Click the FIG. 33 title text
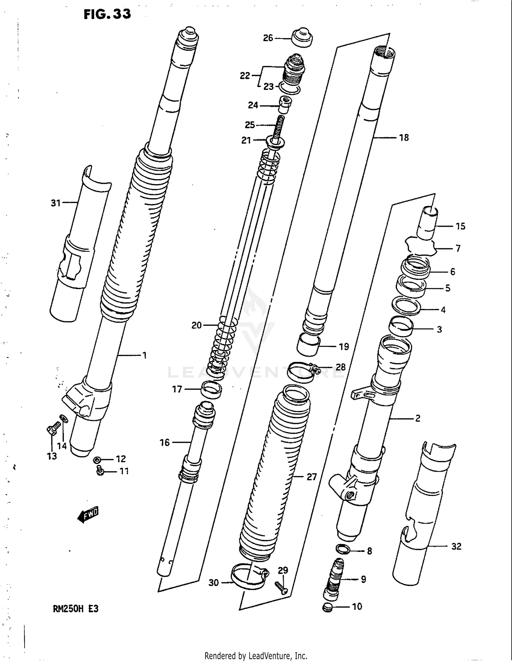click(x=107, y=14)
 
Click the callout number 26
click(x=268, y=38)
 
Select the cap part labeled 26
click(x=302, y=38)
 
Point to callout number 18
click(x=404, y=138)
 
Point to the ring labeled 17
click(x=211, y=389)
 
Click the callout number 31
click(x=56, y=203)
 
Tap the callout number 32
click(x=456, y=546)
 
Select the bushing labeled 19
click(x=308, y=345)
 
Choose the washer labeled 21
click(x=275, y=142)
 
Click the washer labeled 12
click(x=97, y=460)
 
